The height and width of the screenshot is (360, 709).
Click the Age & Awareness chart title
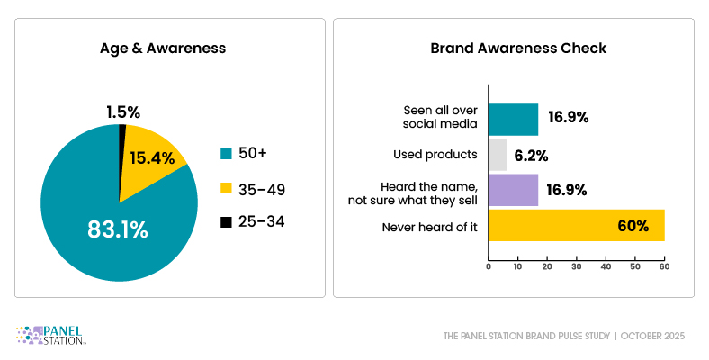click(169, 49)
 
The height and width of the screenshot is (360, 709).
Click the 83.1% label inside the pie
click(117, 229)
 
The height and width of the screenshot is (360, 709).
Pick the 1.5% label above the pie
click(123, 112)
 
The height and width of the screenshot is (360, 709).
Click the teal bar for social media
click(513, 119)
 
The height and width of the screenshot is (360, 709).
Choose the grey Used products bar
click(498, 154)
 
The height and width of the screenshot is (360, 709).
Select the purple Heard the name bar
click(513, 189)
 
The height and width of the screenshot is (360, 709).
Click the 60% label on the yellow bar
click(633, 226)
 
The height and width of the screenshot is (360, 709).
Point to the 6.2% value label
click(531, 155)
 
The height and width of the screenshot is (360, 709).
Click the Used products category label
click(435, 155)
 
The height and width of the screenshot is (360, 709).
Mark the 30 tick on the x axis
click(577, 267)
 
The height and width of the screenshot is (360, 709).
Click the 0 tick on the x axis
click(489, 267)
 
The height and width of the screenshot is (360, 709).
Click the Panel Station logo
click(51, 336)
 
